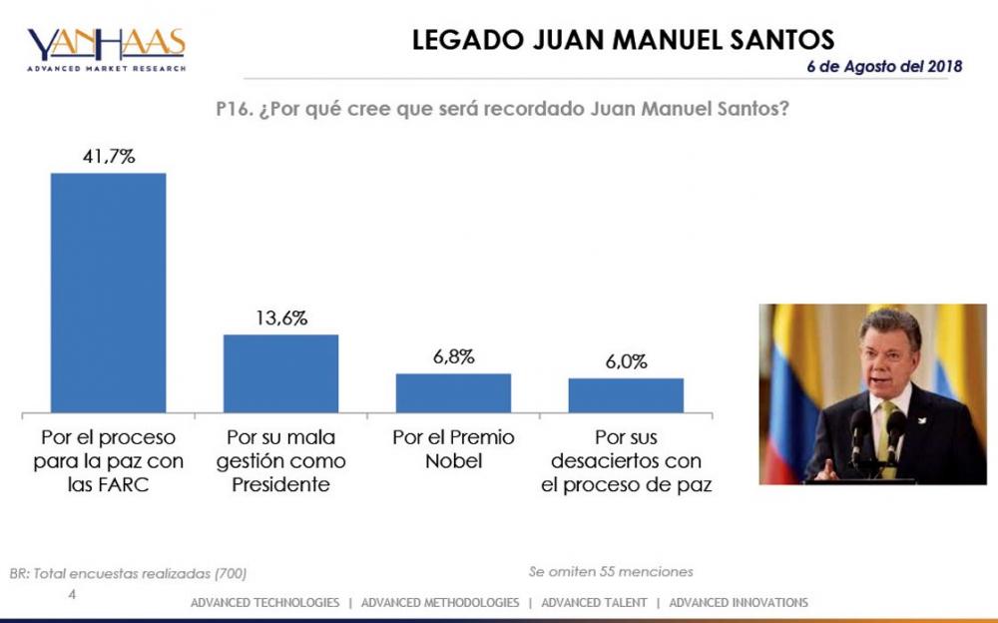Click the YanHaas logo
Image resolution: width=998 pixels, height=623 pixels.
coord(106,48)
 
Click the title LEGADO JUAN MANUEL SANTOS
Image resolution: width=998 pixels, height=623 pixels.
coord(623,40)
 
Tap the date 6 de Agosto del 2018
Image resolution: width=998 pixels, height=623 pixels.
coord(884,67)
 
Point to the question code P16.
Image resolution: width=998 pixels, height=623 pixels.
coord(235,108)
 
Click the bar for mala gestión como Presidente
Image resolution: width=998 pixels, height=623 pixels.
coord(280,373)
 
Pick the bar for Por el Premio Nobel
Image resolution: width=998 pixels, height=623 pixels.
coord(453,392)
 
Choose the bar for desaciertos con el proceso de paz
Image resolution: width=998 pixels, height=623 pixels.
coord(626,395)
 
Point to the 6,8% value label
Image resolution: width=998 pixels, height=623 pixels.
coord(453,356)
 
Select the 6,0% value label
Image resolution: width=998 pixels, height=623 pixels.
coord(626,361)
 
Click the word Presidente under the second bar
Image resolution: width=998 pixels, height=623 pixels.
coord(280,486)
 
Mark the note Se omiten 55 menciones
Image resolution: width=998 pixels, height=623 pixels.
coord(611,572)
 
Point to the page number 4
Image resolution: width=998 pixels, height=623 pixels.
coord(71,594)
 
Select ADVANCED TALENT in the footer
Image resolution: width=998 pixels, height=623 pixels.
coord(597,603)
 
